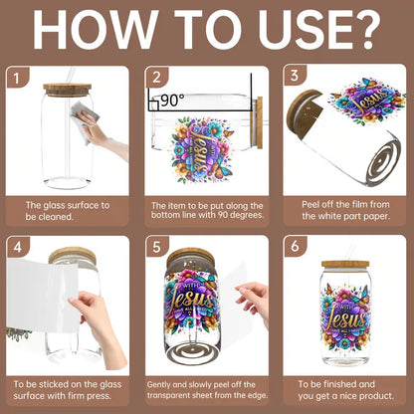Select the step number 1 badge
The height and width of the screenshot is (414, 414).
17,78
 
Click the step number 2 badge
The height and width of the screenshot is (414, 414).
156,78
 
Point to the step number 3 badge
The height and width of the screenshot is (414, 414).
295,76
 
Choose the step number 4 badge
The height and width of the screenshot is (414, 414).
18,247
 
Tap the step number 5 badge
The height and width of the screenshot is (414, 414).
156,247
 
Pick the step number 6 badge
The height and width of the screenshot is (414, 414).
295,247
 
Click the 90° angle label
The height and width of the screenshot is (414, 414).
172,101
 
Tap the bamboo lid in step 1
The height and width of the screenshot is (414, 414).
68,90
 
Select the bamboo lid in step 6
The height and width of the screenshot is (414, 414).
345,265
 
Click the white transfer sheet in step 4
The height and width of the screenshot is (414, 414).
43,296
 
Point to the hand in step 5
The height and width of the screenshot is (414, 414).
255,302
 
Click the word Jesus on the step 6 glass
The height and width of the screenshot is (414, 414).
345,320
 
